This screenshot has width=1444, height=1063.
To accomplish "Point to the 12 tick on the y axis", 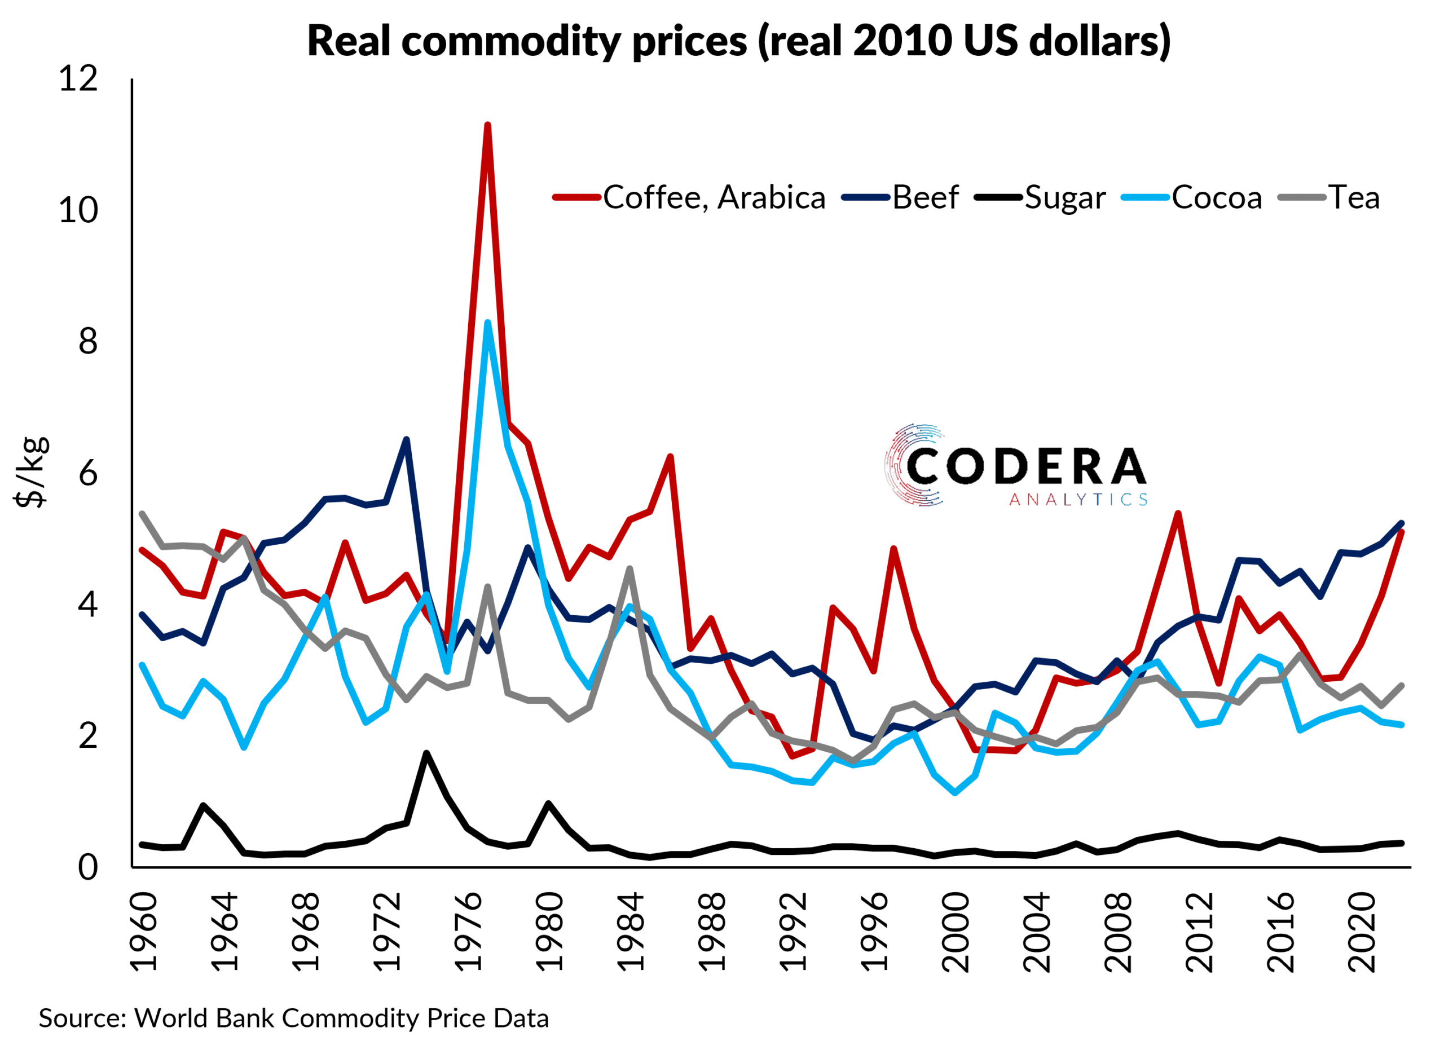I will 78,78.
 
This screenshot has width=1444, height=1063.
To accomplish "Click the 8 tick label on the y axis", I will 88,342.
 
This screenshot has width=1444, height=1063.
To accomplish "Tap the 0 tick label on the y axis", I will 88,867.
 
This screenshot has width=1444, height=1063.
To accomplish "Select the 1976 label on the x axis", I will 469,931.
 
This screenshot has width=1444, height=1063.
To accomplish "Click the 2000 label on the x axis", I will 955,931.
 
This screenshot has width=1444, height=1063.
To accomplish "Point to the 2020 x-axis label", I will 1361,931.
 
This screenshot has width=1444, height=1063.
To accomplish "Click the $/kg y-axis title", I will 31,473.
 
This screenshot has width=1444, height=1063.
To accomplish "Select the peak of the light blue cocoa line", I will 488,323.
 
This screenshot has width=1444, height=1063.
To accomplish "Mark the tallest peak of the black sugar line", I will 426,753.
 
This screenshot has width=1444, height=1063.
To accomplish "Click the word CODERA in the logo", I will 1025,466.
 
